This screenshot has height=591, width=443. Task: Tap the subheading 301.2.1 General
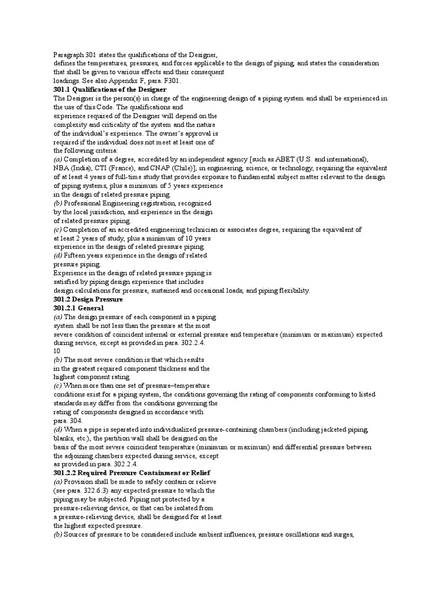click(78, 308)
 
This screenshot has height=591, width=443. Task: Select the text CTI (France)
click(117, 167)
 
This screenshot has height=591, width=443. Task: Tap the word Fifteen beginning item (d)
click(77, 256)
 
